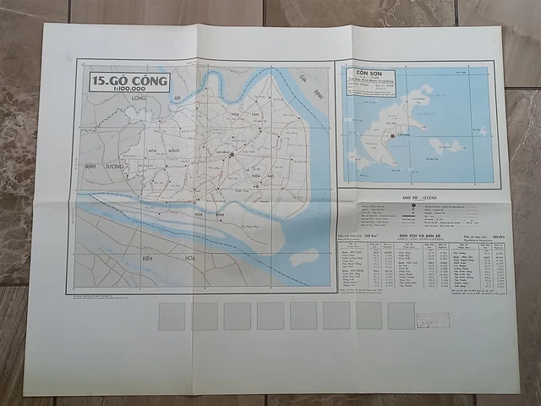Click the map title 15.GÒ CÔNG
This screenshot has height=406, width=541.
(129, 80)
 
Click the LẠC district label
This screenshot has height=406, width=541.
(270, 175)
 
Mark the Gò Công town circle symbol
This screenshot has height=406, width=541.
(231, 154)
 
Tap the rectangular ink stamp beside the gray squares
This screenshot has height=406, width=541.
(432, 321)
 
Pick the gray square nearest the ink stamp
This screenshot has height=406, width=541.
(401, 315)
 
